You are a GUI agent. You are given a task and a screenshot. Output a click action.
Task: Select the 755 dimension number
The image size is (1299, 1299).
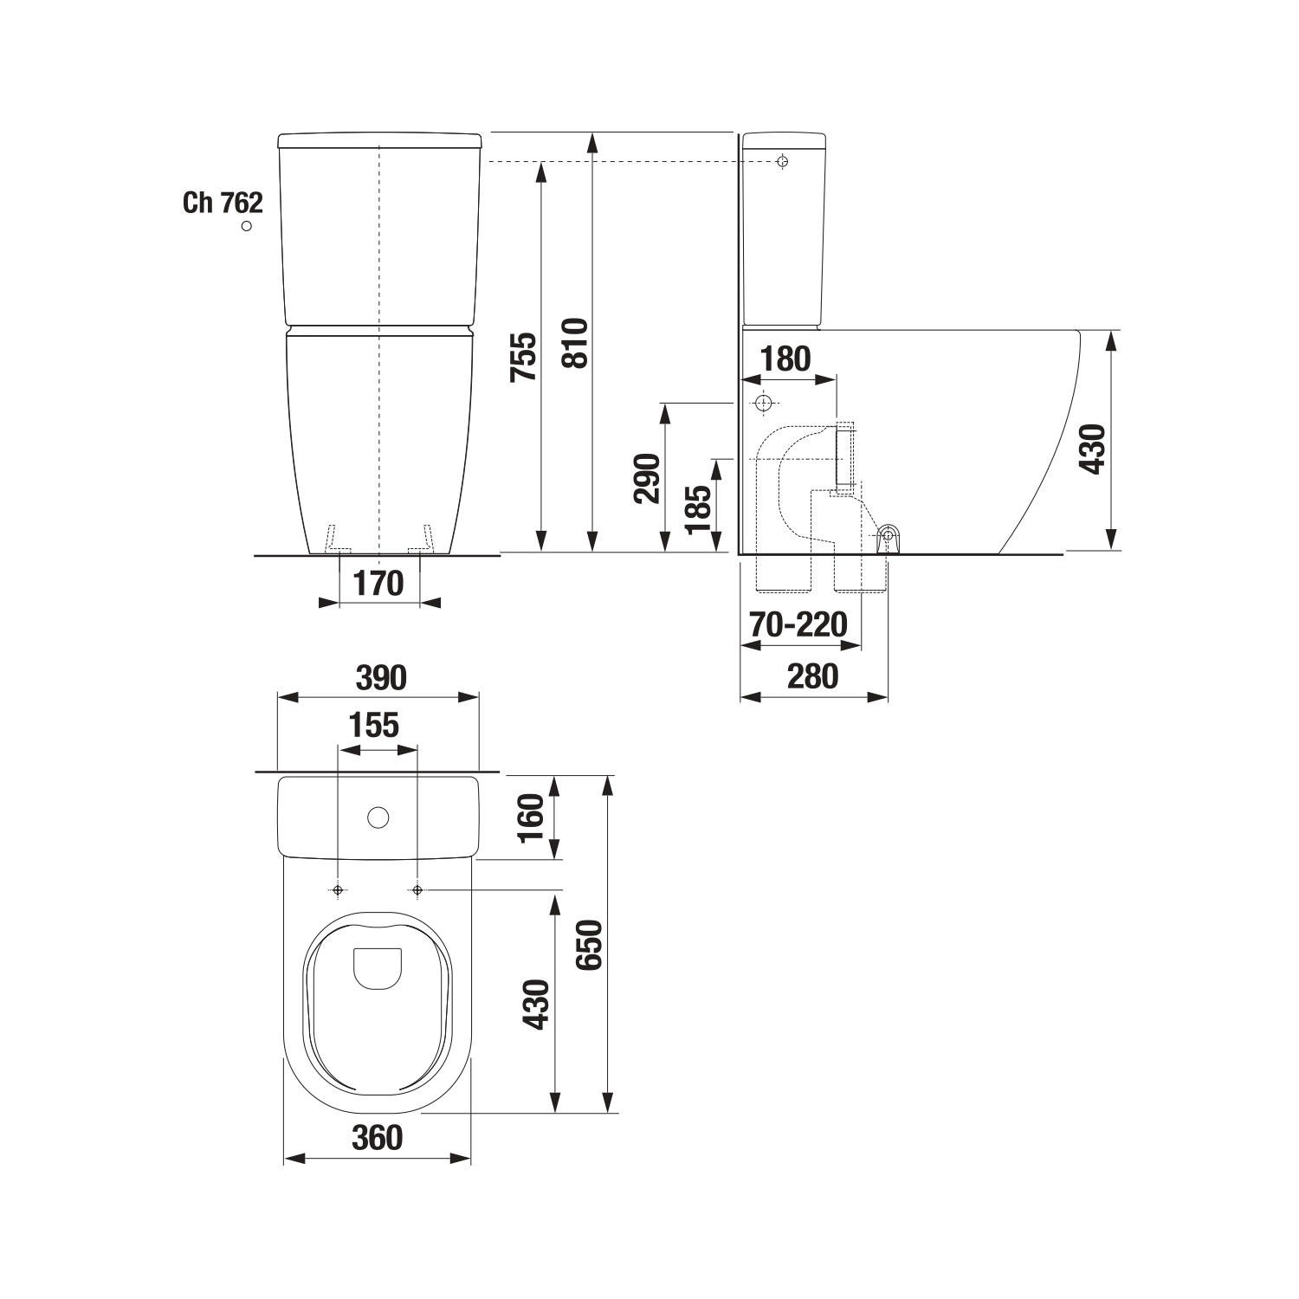coord(524,358)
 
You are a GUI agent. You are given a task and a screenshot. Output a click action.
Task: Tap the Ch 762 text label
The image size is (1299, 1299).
coord(223,203)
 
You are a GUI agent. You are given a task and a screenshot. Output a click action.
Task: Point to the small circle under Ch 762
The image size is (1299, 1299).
coord(247,226)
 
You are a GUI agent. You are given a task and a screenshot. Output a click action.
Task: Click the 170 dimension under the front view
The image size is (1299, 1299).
coord(378,583)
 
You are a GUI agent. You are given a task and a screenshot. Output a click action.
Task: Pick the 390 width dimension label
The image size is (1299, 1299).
coord(381,678)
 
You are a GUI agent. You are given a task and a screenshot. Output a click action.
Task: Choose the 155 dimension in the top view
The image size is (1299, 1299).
coord(374,725)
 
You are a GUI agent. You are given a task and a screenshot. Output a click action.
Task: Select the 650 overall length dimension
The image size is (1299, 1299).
coord(588,946)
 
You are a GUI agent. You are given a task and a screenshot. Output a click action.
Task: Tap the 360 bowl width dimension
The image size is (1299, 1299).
coord(378,1137)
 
